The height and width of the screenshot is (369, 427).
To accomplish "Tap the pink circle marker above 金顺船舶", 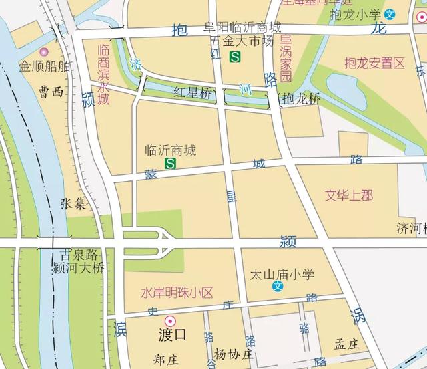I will click(45, 51).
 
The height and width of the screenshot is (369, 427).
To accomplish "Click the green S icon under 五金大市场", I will click(234, 58).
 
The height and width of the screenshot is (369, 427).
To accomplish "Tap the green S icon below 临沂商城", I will click(171, 163).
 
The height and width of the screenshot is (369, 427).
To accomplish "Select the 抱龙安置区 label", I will click(375, 64).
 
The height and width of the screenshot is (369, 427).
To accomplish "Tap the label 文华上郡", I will click(349, 195).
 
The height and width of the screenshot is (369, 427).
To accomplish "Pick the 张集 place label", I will click(73, 203).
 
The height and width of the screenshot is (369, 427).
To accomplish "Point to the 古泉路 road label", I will click(79, 255).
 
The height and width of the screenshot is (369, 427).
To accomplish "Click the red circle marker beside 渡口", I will click(170, 321).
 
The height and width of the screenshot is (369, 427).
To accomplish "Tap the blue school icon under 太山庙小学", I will click(278, 287).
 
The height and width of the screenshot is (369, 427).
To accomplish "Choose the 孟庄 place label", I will click(347, 344).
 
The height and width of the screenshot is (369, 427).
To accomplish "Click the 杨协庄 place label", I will click(234, 354).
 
